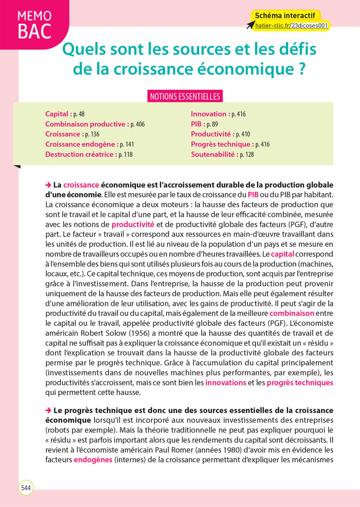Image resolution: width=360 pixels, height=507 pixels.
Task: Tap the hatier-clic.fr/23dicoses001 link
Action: click(x=292, y=25)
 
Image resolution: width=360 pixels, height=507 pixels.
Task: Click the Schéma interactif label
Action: click(x=284, y=15)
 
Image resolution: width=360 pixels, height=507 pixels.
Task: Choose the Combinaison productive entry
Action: click(x=86, y=124)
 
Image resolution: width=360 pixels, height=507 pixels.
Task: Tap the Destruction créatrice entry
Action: click(x=81, y=154)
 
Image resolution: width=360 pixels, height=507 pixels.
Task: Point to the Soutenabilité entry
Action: click(x=214, y=154)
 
